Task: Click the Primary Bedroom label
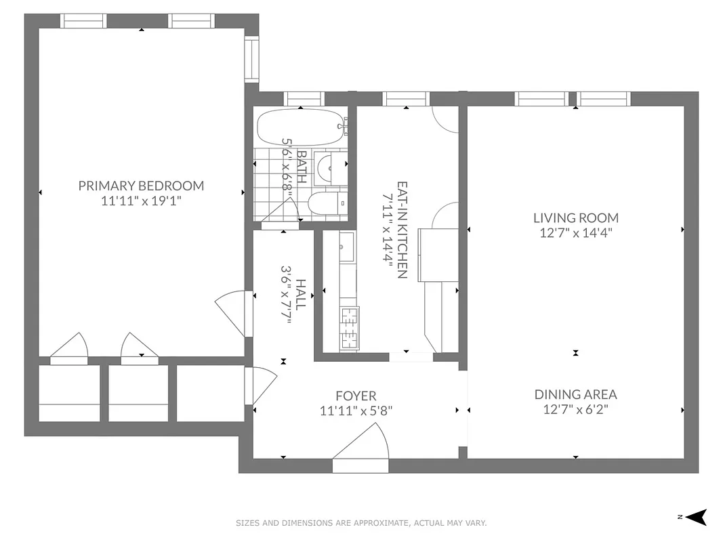141,186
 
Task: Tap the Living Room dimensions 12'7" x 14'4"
575,233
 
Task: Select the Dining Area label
575,394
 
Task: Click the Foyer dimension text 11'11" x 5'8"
356,410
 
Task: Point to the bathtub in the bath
301,126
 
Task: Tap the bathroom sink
332,165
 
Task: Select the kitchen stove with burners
349,326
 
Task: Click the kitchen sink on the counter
346,247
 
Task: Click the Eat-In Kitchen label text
402,230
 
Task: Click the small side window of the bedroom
251,59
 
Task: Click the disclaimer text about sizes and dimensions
361,523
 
